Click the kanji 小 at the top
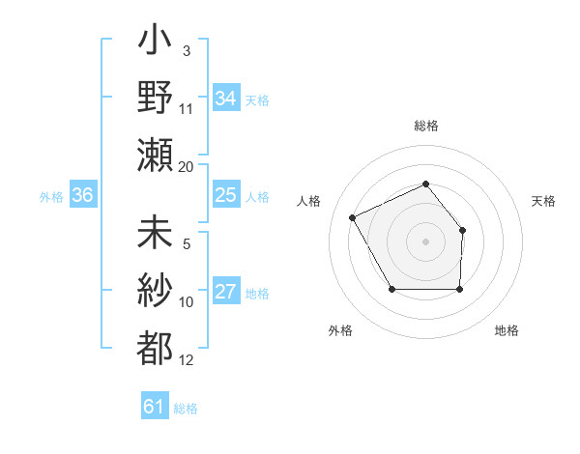click(x=155, y=44)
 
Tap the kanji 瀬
click(x=155, y=155)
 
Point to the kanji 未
click(x=155, y=234)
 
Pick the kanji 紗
click(x=155, y=290)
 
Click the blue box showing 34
click(x=225, y=99)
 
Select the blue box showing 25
click(x=225, y=196)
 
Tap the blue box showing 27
click(x=225, y=293)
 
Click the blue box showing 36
click(x=83, y=196)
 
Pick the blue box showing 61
click(x=155, y=407)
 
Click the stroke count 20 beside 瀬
click(x=187, y=167)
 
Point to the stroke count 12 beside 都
click(x=187, y=361)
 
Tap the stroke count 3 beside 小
click(x=186, y=50)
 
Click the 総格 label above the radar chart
click(x=425, y=126)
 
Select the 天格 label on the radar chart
click(x=544, y=201)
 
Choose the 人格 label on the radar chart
click(x=308, y=201)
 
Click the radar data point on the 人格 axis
click(x=353, y=216)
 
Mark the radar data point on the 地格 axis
click(x=459, y=289)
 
